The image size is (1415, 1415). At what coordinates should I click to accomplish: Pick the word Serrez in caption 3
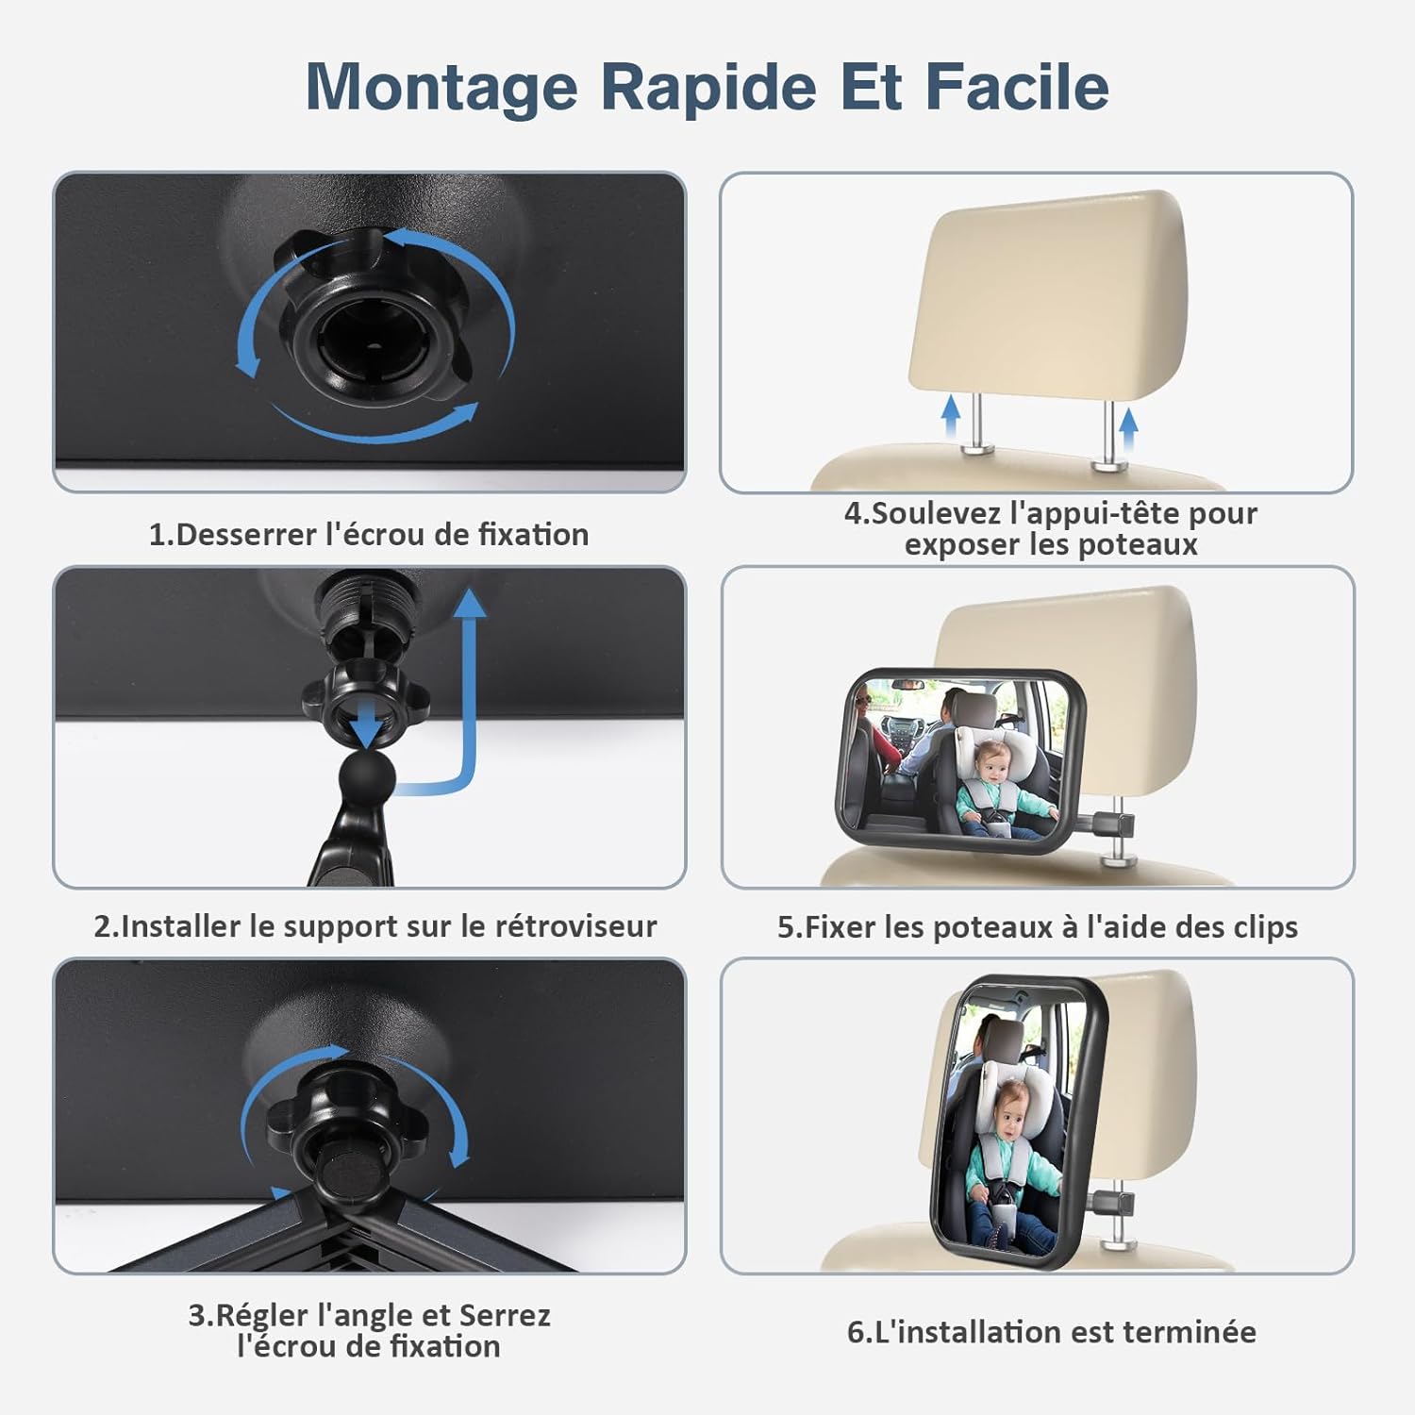pyautogui.click(x=505, y=1316)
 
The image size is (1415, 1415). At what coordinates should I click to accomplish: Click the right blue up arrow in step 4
pyautogui.click(x=1128, y=428)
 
